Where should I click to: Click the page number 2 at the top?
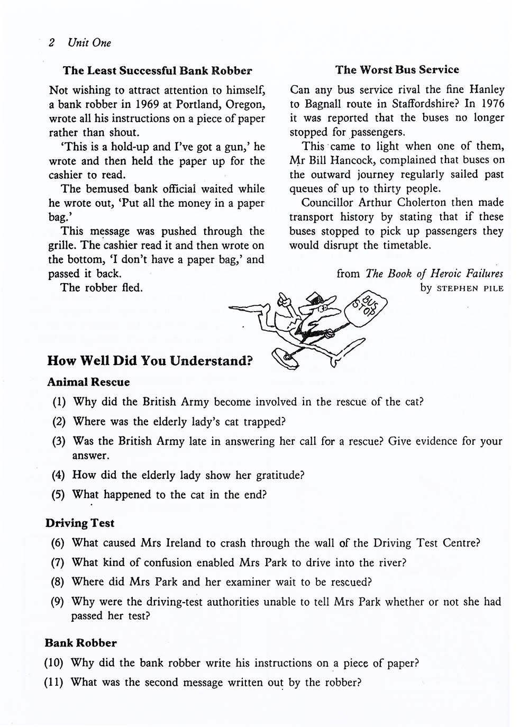(x=51, y=43)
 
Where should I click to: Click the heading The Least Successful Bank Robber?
(x=157, y=70)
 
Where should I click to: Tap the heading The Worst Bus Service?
(x=397, y=70)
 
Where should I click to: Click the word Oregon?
(x=244, y=104)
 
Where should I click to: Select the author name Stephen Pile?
(x=470, y=289)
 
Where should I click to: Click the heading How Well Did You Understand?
(x=150, y=361)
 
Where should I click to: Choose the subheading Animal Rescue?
(x=88, y=382)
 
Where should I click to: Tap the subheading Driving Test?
(x=80, y=523)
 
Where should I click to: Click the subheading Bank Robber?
(x=81, y=643)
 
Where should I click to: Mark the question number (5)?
(x=58, y=495)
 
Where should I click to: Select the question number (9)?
(x=57, y=602)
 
